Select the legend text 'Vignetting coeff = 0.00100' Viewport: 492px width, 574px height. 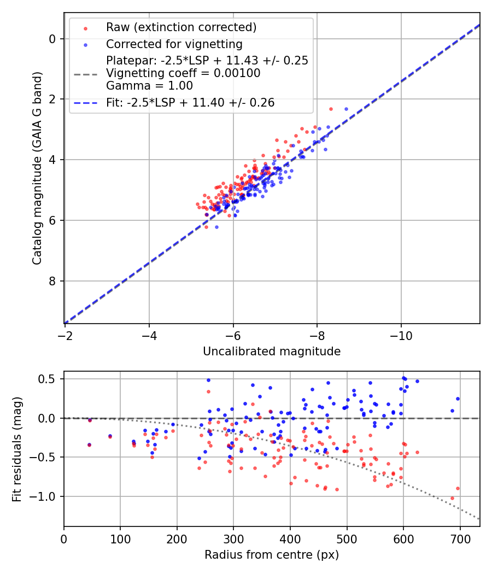(x=183, y=73)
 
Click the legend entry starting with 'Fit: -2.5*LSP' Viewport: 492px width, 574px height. (x=190, y=102)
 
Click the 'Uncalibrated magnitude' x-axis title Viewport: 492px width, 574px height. (x=272, y=352)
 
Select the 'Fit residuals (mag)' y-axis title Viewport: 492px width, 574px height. (x=17, y=449)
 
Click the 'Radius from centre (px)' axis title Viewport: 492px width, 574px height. (x=272, y=555)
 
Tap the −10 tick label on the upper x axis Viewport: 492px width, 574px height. (x=401, y=334)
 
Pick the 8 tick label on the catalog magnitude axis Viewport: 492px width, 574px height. (x=52, y=281)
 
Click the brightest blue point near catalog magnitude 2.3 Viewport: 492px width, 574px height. (x=346, y=109)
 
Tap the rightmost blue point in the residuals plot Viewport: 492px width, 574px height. (x=458, y=399)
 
